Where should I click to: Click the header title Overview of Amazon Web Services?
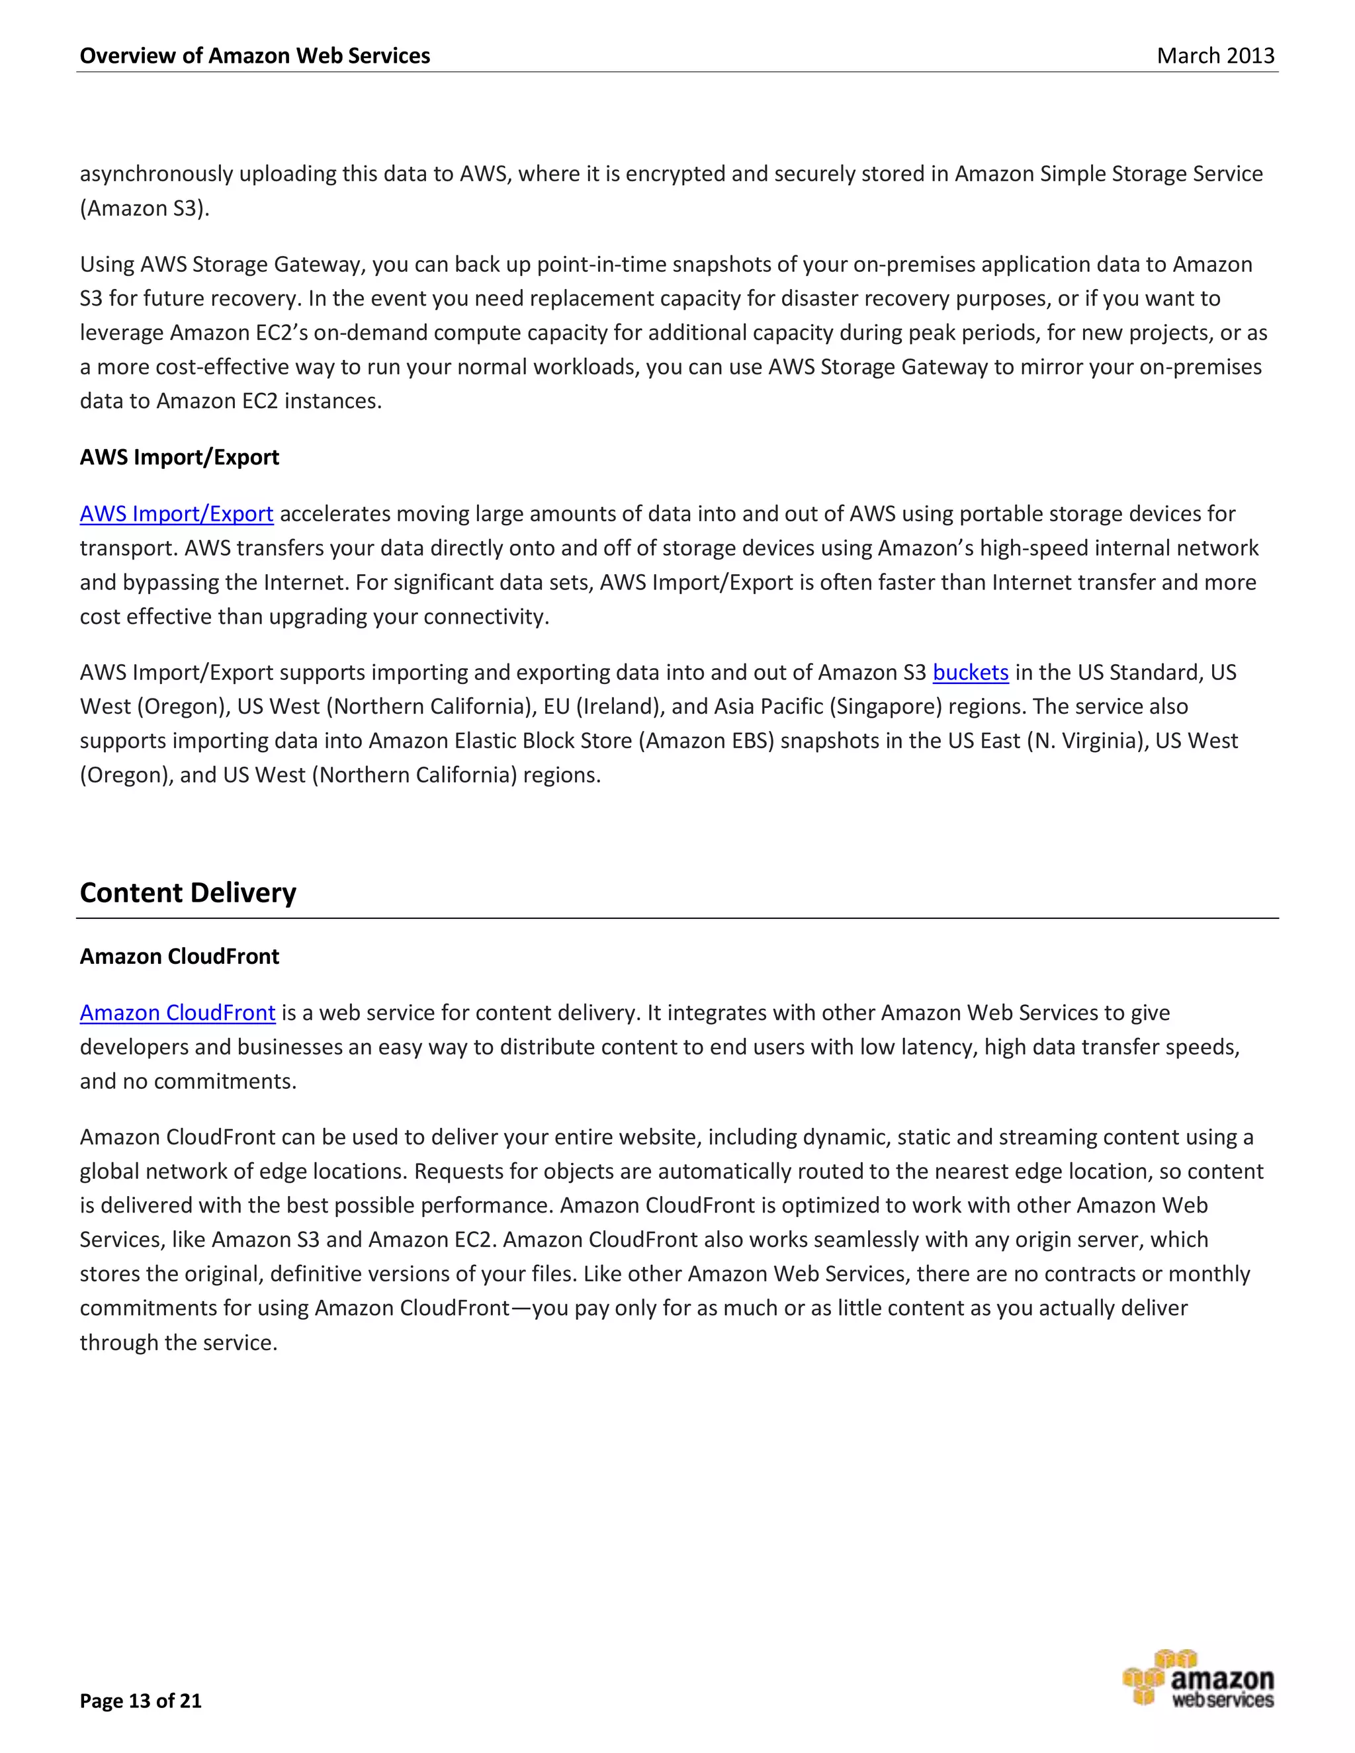(255, 56)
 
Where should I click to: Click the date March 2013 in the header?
(1215, 56)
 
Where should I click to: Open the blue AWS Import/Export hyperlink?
(176, 514)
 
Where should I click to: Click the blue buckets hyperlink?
(970, 672)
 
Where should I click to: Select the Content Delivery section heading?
(188, 892)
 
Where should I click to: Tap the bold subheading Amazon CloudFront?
(179, 956)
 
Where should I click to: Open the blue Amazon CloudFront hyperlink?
(177, 1013)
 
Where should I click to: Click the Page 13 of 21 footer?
(140, 1700)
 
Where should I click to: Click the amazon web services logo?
(1198, 1678)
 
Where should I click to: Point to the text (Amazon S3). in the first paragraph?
(144, 208)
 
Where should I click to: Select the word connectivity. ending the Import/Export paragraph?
(486, 617)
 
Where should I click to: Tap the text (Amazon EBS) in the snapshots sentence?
(707, 741)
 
